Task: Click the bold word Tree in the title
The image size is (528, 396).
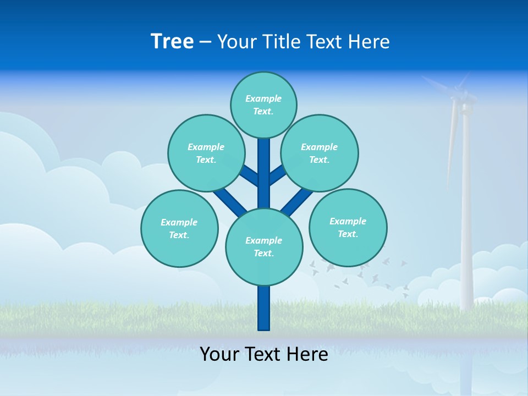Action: coord(172,41)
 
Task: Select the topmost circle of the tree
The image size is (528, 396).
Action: coord(263,105)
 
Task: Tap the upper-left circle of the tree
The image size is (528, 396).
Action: coord(206,153)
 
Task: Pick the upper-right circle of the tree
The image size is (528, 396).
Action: coord(320,153)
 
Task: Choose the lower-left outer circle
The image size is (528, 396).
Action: coord(179,228)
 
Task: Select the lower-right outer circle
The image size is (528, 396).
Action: coord(348,227)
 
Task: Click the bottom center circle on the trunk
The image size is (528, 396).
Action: coord(264,247)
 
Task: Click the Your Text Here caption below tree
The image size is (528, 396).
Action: coord(264,354)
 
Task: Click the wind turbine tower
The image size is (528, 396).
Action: coord(466,220)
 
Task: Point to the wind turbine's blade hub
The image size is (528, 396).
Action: coord(461,99)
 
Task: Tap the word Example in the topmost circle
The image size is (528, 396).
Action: coord(263,98)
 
